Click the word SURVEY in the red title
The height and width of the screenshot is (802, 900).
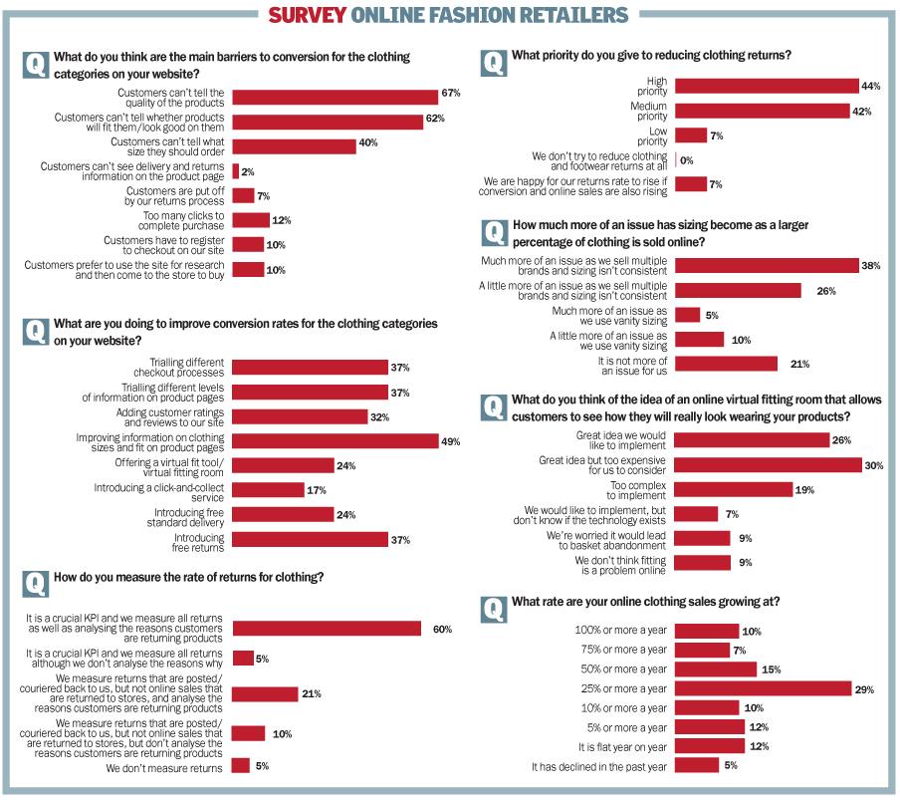coord(308,15)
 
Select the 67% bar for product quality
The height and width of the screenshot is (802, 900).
coord(336,95)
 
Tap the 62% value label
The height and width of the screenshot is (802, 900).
coord(435,120)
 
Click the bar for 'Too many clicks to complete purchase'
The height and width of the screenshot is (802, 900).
coord(251,220)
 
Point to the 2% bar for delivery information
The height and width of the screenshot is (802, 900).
coord(236,171)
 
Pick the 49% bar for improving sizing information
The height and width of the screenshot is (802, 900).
coord(336,441)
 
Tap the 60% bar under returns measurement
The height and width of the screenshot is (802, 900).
coord(327,629)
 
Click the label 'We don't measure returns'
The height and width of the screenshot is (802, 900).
coord(164,768)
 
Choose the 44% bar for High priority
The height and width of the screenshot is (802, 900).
coord(767,87)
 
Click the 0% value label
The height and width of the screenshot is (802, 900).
coord(687,160)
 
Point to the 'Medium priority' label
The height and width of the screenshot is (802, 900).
coord(649,112)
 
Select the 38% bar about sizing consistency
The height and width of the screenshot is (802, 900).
coord(767,266)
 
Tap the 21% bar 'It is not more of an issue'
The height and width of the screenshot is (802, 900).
coord(726,365)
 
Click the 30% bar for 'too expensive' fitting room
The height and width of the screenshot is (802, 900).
coord(768,465)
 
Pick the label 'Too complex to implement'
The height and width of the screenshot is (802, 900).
coord(638,490)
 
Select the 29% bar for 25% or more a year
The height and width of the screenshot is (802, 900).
coord(764,689)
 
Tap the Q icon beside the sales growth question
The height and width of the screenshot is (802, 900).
coord(494,607)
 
